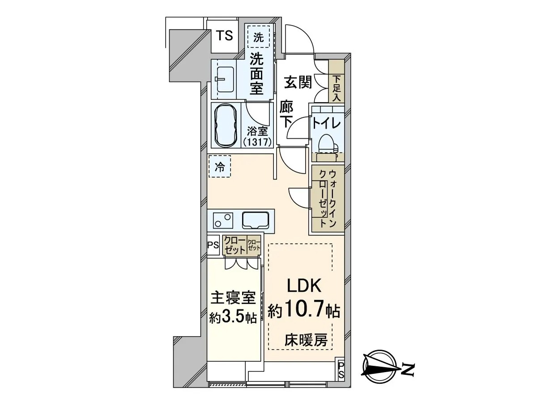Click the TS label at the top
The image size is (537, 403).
pos(225,36)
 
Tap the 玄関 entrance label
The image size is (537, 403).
pos(298,82)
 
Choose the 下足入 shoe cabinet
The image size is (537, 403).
pos(336,81)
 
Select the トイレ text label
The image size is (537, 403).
pos(327,124)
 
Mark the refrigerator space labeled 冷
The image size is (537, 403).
pos(219,167)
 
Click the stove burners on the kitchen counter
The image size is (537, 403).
pos(223,220)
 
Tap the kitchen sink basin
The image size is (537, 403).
pos(255,220)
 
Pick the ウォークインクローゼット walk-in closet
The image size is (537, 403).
pos(328,199)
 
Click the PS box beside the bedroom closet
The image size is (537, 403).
pos(213,245)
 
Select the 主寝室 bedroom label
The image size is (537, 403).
pos(233,297)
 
